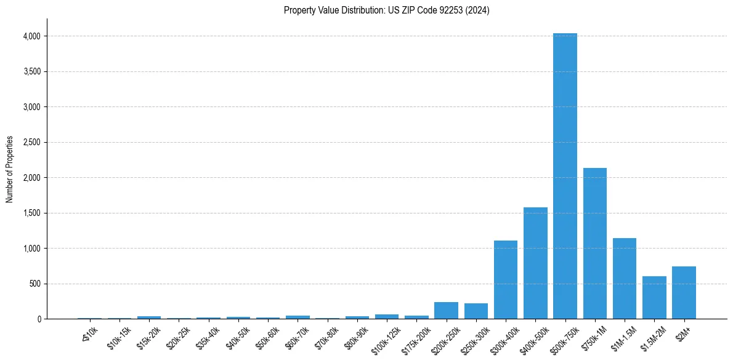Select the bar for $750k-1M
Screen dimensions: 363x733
[x=594, y=243]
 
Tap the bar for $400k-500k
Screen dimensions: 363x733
[x=535, y=263]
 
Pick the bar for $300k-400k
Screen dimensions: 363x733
[x=506, y=280]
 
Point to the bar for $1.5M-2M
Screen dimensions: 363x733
[x=654, y=298]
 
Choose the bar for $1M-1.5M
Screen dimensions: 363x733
[x=624, y=279]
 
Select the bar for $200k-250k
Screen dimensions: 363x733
[x=446, y=311]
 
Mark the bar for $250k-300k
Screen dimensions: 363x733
[x=476, y=311]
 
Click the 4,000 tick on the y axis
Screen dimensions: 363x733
[x=31, y=36]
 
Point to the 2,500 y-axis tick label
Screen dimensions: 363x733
[x=31, y=143]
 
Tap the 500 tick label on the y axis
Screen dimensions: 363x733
[x=34, y=284]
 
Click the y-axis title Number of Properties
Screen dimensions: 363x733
[x=10, y=169]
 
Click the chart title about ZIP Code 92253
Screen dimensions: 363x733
[x=386, y=10]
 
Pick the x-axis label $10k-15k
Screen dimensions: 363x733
[x=119, y=337]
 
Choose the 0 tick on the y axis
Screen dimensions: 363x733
[x=38, y=319]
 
